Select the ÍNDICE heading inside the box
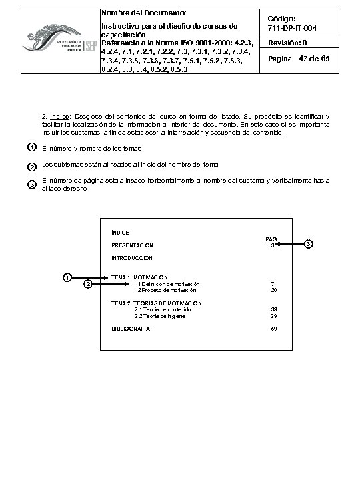point(121,233)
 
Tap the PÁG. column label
point(271,239)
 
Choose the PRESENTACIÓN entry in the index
point(132,245)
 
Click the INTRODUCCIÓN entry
point(132,257)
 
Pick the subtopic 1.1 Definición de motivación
point(167,285)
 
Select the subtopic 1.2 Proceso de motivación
point(165,291)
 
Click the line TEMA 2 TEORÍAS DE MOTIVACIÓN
point(156,303)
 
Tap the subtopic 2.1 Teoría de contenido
point(163,310)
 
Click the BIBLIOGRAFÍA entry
point(131,329)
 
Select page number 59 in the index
point(273,329)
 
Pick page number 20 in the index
point(273,291)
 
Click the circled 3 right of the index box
point(308,244)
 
